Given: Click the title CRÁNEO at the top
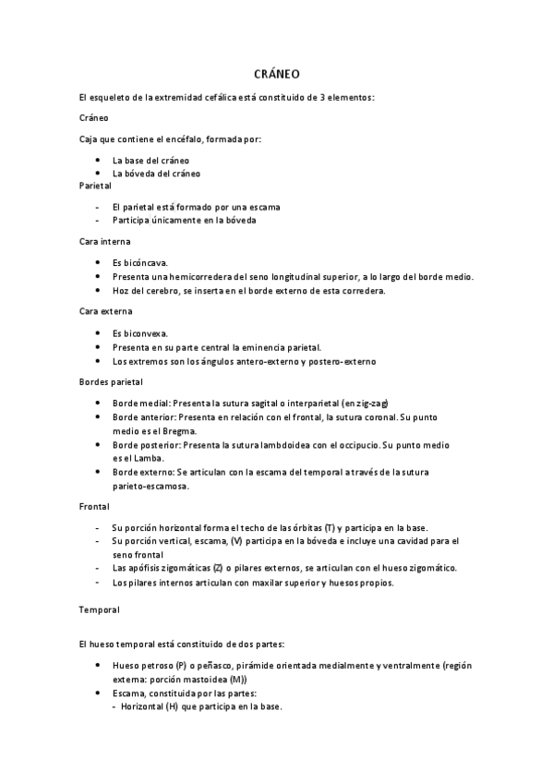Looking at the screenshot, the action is pos(276,73).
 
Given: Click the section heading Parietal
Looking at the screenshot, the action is pos(94,185).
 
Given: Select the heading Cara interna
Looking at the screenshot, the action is pos(103,241).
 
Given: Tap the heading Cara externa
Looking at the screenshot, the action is pos(104,311).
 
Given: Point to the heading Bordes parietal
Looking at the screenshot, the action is pos(110,381).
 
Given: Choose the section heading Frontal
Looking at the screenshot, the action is pos(94,506).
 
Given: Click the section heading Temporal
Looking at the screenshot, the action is pos(99,609).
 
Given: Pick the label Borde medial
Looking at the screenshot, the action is pos(139,404).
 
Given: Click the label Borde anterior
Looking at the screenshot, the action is pos(142,417).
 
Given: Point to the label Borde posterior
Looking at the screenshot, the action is pos(145,445).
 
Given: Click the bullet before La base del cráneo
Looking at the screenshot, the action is pos(98,160).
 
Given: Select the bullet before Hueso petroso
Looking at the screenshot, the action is pos(98,665).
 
